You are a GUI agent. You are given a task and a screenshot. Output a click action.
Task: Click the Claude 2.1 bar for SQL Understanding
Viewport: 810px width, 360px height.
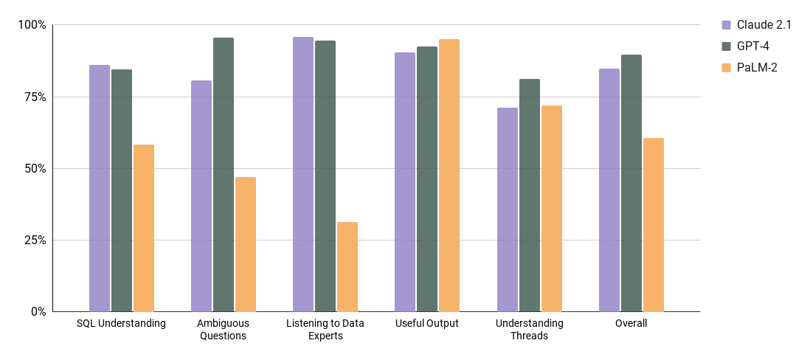100,188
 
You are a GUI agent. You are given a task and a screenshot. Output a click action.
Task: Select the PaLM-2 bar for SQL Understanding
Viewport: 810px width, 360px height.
144,228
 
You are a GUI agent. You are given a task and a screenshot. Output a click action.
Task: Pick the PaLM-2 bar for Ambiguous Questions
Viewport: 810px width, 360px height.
246,244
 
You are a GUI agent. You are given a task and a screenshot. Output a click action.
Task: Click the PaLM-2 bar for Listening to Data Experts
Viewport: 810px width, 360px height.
347,267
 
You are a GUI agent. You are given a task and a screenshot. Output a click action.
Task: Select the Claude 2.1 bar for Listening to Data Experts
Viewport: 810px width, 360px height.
303,174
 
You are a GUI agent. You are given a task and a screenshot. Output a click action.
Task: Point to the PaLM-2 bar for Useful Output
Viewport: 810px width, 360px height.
449,176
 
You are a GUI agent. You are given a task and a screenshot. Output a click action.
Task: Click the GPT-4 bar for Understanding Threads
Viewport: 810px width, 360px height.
530,195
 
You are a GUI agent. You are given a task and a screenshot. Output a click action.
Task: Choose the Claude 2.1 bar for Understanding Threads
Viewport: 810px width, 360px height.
508,210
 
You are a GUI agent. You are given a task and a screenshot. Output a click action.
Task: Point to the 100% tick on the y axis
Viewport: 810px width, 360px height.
32,25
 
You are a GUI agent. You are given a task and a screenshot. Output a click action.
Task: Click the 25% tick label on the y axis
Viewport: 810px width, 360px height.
34,240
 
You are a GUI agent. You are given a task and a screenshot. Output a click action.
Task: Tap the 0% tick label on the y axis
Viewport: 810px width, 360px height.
37,312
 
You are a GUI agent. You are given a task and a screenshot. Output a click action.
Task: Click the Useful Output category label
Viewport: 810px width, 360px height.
427,324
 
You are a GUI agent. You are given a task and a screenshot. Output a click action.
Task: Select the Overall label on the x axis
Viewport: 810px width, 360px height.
631,324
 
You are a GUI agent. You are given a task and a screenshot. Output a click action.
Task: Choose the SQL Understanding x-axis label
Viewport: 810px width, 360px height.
121,324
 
